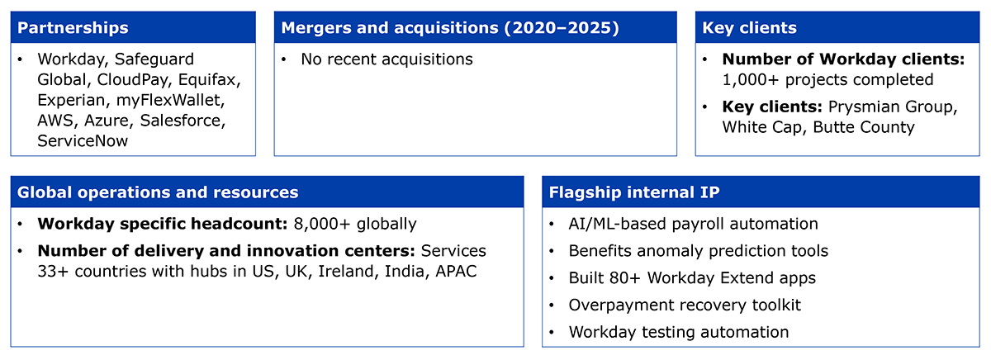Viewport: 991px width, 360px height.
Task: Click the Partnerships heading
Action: tap(73, 28)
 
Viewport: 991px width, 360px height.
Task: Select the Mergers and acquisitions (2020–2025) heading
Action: tap(450, 28)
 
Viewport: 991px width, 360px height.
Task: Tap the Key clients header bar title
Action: tap(750, 28)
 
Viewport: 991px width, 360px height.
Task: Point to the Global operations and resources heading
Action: tap(158, 192)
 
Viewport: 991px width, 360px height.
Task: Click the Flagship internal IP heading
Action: tap(634, 192)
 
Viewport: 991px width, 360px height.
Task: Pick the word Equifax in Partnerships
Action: tap(209, 80)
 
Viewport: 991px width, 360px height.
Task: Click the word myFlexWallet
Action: tap(170, 101)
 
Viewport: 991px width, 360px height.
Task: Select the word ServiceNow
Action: tap(83, 141)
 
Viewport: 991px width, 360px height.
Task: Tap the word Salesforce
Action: tap(183, 121)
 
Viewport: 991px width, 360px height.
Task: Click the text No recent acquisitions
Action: tap(386, 59)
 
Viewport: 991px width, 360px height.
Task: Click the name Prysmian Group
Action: tap(893, 107)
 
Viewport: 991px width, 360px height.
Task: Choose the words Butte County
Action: tap(864, 127)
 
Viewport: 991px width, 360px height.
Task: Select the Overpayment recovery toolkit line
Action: tap(685, 306)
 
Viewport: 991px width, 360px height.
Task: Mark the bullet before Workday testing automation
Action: tap(552, 333)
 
